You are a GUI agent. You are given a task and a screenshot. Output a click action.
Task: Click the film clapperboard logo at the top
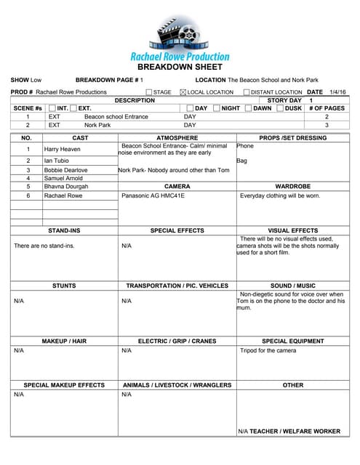click(x=179, y=32)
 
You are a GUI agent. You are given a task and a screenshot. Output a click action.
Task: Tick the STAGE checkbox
click(x=149, y=92)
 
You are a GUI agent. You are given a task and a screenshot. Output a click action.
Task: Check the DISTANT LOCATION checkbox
click(x=246, y=92)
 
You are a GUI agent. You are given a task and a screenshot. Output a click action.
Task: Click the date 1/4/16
click(x=337, y=92)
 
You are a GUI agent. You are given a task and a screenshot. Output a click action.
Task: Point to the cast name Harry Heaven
click(x=62, y=149)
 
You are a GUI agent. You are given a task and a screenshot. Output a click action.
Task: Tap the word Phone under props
click(x=246, y=146)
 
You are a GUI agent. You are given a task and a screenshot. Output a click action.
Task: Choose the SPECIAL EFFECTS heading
click(x=177, y=230)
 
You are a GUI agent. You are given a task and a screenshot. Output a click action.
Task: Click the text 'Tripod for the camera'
click(x=268, y=350)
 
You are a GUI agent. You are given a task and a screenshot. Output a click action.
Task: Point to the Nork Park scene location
click(x=97, y=125)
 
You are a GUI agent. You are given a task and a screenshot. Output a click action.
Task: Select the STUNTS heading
click(x=64, y=286)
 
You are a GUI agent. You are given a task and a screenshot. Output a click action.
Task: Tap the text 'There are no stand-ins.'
click(x=44, y=246)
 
